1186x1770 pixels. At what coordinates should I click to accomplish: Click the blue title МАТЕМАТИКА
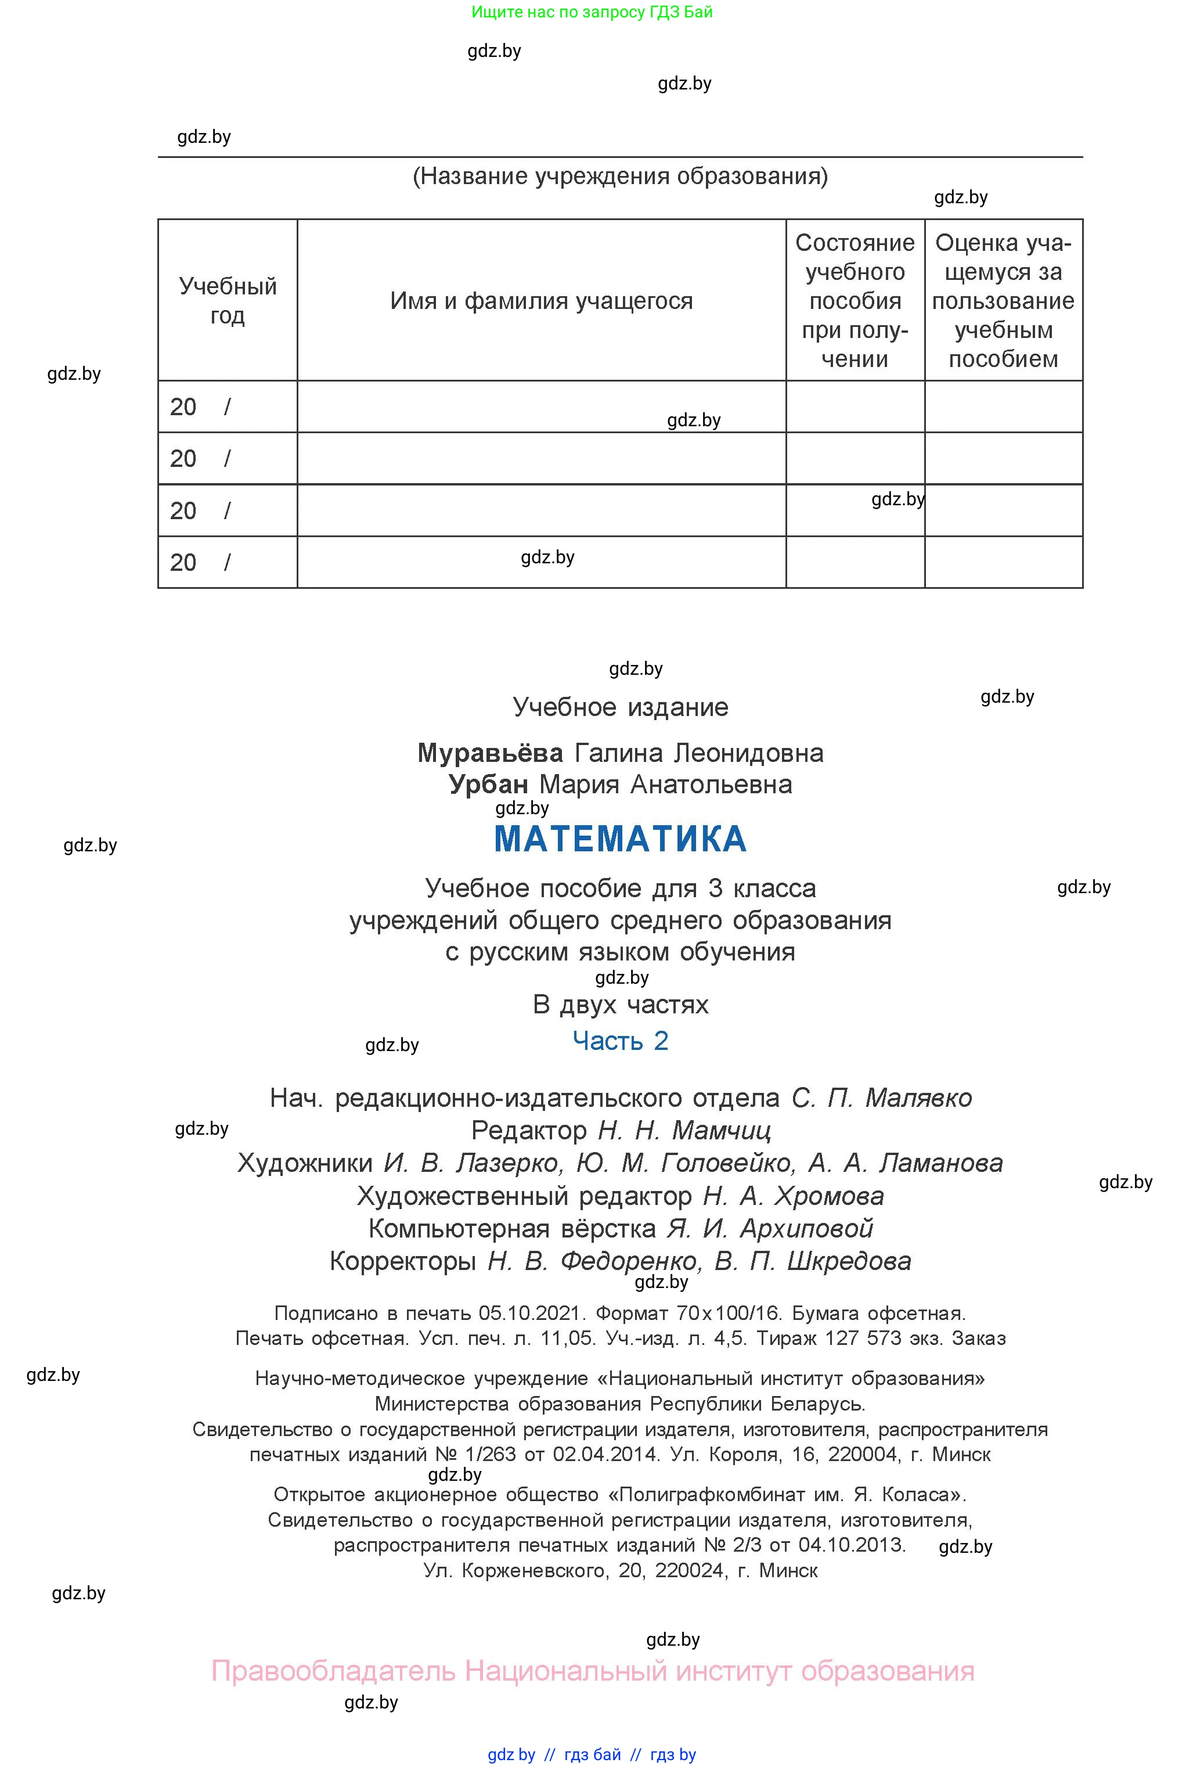pos(620,840)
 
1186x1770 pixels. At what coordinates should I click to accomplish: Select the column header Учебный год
pos(228,300)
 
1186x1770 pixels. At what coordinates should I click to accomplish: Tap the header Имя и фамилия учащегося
pos(542,301)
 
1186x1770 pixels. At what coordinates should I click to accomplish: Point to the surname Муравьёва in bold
pos(490,753)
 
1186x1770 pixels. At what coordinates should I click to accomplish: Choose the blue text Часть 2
pos(620,1041)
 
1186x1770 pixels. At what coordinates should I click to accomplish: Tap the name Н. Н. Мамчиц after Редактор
pos(684,1131)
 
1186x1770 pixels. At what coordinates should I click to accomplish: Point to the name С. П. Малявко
pos(882,1098)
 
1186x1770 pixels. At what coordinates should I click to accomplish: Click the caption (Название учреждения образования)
pos(620,176)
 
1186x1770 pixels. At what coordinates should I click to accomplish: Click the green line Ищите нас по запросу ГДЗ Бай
pos(592,12)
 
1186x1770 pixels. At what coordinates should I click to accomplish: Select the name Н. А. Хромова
pos(794,1196)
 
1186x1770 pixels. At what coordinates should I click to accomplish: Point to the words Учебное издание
pos(620,707)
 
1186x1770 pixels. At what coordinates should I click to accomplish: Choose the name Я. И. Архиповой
pos(770,1228)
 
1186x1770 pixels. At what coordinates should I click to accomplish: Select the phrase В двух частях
pos(620,1005)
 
